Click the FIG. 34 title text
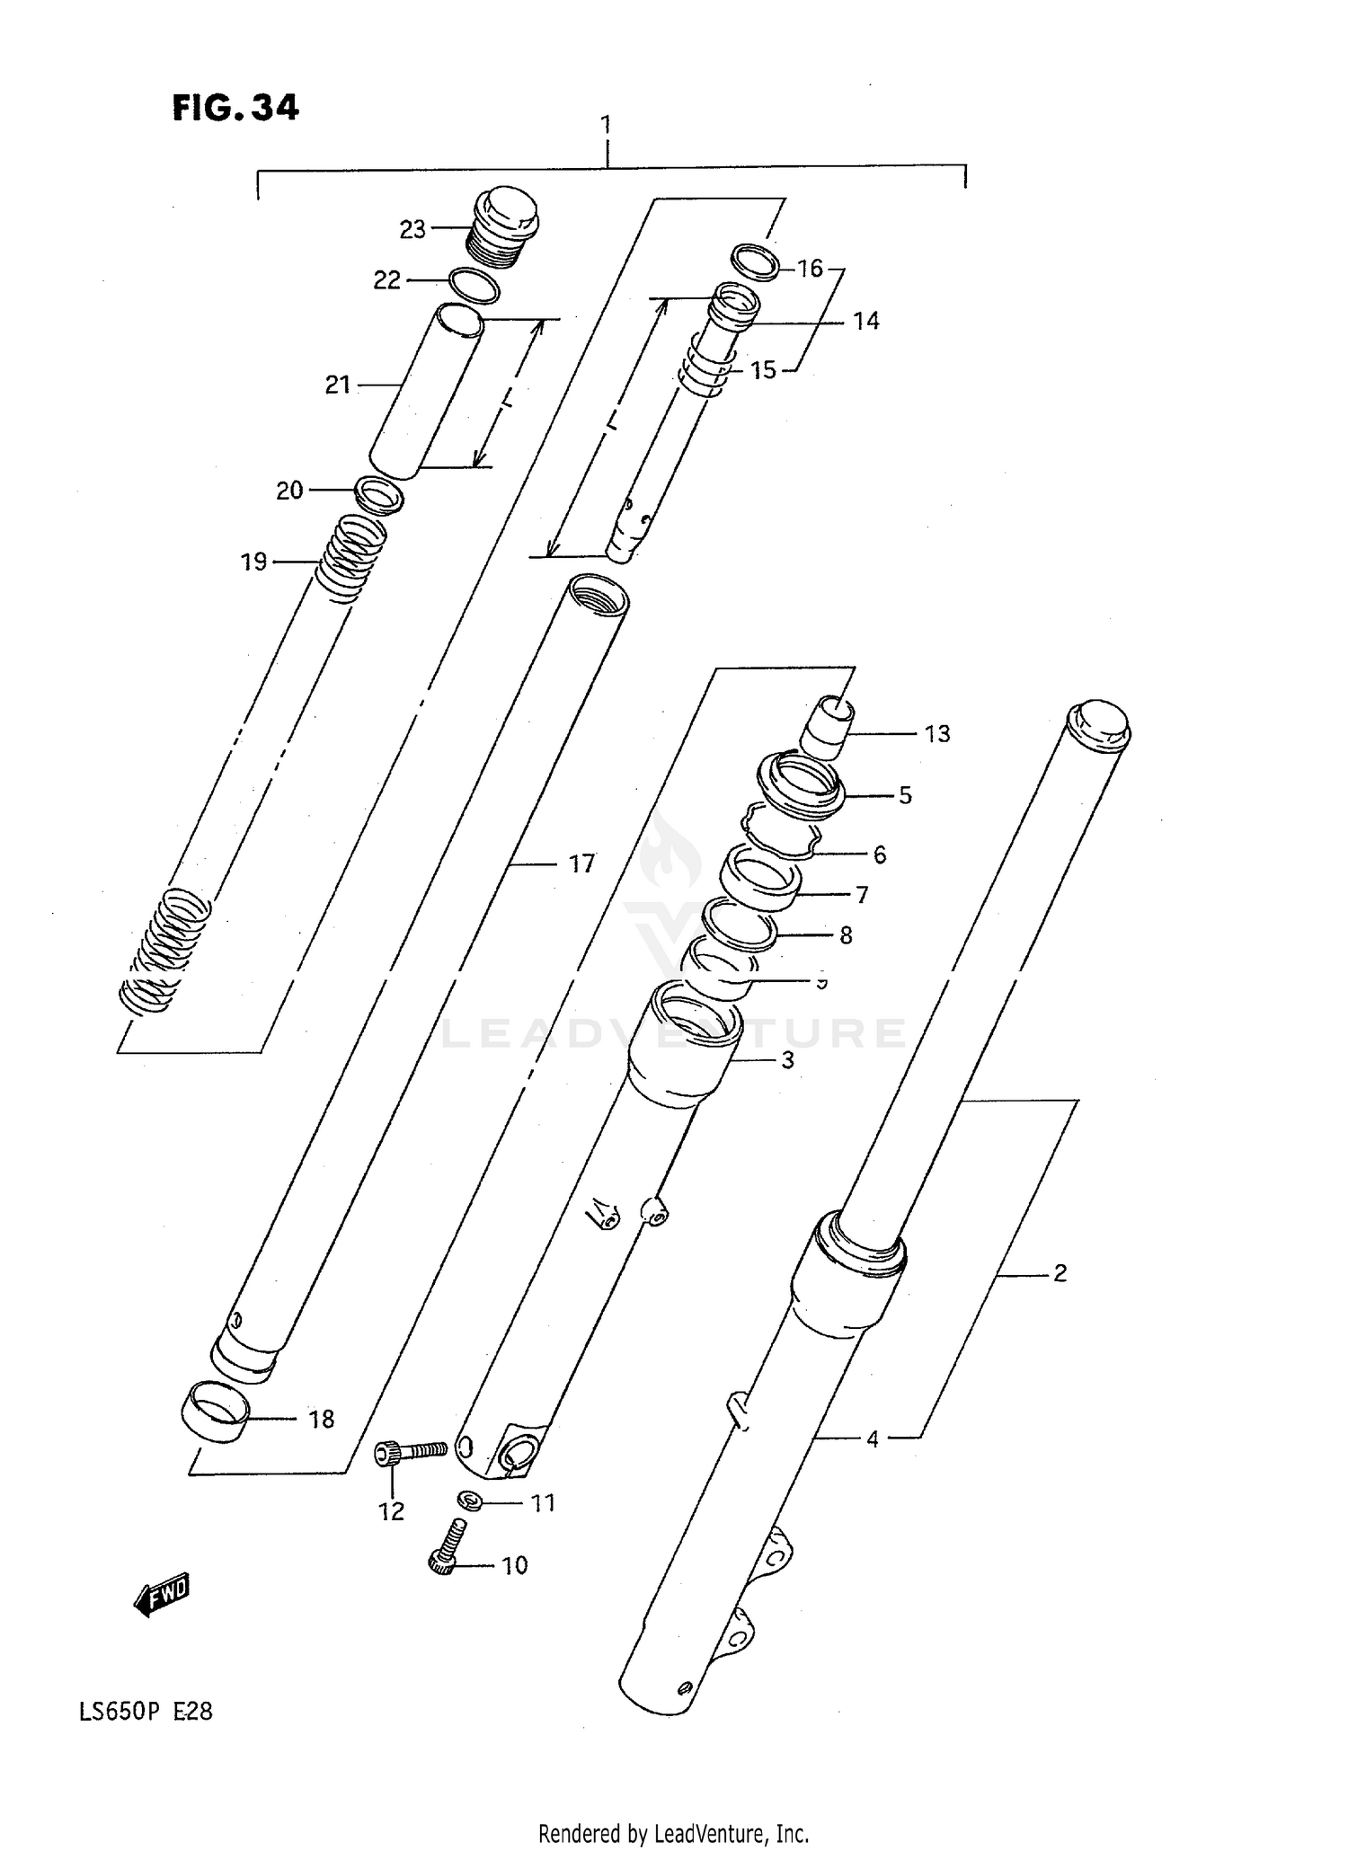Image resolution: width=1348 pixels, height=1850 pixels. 235,108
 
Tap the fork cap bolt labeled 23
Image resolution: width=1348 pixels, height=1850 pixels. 503,228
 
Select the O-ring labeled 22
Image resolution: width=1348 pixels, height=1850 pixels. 473,286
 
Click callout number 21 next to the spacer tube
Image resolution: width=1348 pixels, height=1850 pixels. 337,385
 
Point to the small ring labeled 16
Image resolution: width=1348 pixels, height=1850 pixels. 754,261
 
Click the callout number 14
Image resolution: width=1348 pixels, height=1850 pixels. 865,321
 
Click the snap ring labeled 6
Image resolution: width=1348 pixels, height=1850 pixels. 780,836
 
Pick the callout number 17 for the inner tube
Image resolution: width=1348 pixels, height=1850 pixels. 581,863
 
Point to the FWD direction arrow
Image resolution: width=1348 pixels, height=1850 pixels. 163,1594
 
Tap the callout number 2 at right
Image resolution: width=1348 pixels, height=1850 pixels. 1060,1272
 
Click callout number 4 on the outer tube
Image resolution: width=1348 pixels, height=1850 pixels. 872,1438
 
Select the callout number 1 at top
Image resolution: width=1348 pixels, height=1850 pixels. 607,124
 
